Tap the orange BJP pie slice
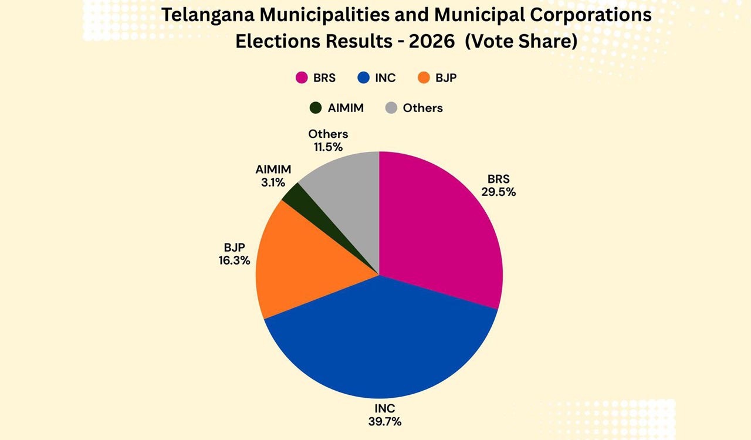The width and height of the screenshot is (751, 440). [305, 264]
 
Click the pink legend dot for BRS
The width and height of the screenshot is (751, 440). [302, 78]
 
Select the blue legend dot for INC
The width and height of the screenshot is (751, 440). [363, 78]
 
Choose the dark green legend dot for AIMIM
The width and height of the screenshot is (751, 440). [316, 108]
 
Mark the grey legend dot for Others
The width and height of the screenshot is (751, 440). [391, 108]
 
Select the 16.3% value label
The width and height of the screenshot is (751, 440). [234, 260]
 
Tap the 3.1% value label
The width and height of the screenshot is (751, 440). [273, 182]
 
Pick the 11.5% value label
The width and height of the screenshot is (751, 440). [328, 147]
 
